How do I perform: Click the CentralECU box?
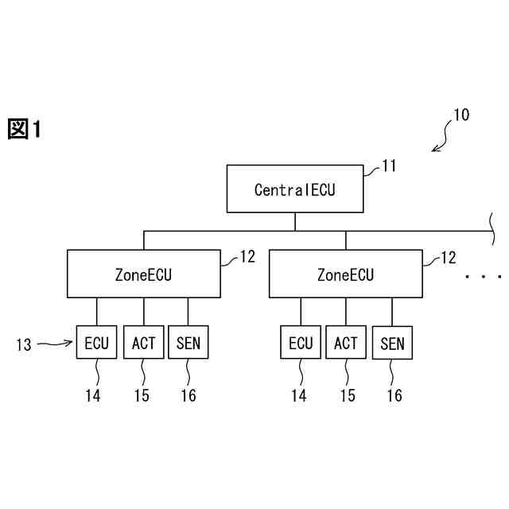[x=295, y=189]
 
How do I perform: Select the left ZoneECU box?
[x=143, y=274]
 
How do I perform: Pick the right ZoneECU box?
[x=345, y=274]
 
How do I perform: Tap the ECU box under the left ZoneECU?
[x=97, y=344]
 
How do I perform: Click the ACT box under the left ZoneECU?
[x=144, y=344]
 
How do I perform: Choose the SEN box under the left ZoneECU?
[x=188, y=344]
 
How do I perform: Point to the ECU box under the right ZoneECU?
[x=301, y=344]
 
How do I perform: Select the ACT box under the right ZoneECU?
[x=346, y=344]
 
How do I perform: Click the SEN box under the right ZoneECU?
[x=392, y=344]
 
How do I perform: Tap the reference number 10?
[x=461, y=115]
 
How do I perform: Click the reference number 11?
[x=389, y=165]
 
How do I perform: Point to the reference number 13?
[x=24, y=344]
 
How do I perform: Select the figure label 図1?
[x=24, y=129]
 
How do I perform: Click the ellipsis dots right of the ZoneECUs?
[x=484, y=277]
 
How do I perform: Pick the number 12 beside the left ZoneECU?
[x=247, y=257]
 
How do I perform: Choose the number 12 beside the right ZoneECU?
[x=449, y=257]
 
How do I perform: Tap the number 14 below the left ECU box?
[x=94, y=395]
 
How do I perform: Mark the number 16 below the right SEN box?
[x=394, y=395]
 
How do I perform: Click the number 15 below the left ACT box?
[x=142, y=395]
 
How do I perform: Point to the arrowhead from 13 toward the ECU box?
[x=71, y=344]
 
